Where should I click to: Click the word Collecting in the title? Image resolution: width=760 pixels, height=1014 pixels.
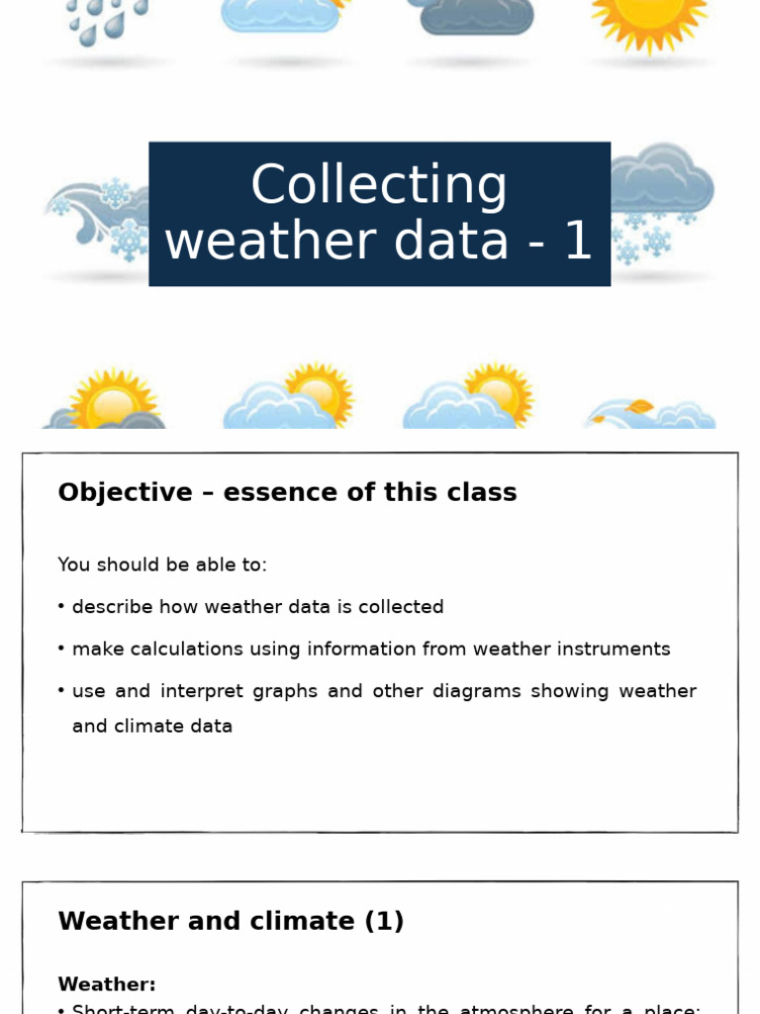point(379,186)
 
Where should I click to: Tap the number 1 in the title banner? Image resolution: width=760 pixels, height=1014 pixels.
point(578,242)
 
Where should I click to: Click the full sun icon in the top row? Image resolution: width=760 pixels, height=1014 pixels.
point(650,22)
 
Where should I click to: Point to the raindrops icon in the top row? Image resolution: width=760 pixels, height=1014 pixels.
point(107,20)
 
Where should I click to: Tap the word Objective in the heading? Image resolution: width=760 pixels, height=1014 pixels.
point(125,492)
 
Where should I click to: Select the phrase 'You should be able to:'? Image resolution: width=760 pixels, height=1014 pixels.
point(162,564)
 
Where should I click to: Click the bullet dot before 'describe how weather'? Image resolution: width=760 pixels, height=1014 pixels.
point(61,607)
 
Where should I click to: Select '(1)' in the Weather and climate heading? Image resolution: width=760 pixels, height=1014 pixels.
point(384,921)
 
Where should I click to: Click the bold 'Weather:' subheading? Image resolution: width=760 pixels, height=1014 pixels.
point(107,984)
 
